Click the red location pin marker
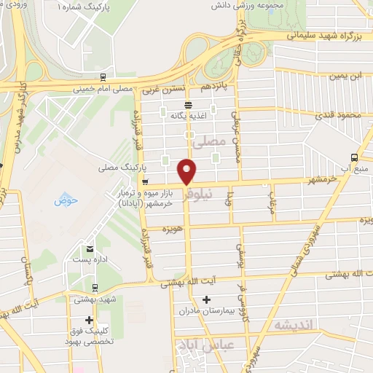(187, 171)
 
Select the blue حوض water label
(66, 200)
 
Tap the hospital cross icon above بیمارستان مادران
(206, 299)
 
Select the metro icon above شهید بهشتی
(93, 287)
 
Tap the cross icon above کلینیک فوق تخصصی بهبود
(89, 320)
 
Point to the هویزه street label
(172, 229)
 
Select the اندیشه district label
(294, 324)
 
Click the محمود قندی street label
(339, 115)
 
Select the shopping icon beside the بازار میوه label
(146, 181)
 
